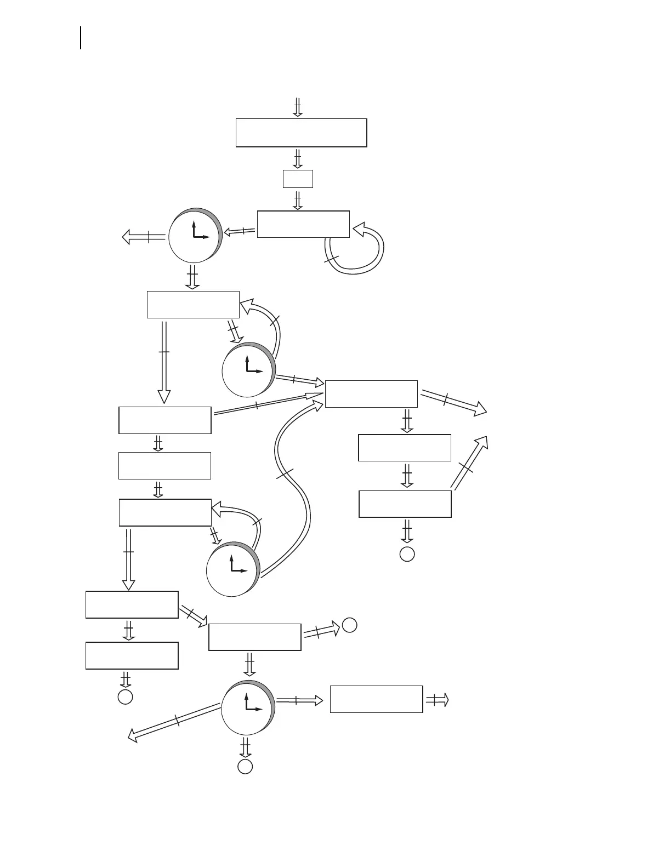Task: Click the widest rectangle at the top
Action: (x=301, y=133)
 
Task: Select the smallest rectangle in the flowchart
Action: (x=298, y=179)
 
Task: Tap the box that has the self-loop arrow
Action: (x=303, y=224)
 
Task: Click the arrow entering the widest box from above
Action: (x=298, y=107)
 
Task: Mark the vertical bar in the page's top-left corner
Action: (x=81, y=37)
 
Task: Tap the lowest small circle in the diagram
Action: (x=245, y=767)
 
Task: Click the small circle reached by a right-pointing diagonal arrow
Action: (x=350, y=625)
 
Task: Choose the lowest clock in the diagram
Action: (x=247, y=707)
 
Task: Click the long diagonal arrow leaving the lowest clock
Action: (x=174, y=722)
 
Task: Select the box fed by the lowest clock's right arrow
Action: (x=376, y=699)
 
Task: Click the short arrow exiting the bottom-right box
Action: (x=438, y=700)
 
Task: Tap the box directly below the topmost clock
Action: (x=193, y=305)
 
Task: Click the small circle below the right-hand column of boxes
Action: (x=407, y=554)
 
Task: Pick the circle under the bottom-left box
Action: (x=126, y=696)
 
